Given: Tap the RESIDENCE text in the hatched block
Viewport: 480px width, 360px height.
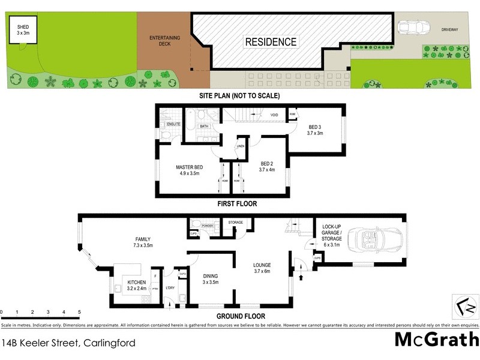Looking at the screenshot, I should click(x=270, y=42).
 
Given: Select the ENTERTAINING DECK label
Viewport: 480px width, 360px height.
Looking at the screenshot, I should click(x=161, y=41).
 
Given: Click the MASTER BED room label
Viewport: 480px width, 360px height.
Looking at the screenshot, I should click(x=189, y=170).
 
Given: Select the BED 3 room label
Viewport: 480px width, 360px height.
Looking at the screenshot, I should click(x=316, y=130).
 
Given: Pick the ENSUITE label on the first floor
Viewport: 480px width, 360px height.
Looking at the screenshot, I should click(x=173, y=124).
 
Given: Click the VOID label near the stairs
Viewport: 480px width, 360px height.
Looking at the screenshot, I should click(x=274, y=115).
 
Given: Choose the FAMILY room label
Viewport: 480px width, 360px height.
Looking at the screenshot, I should click(x=143, y=242).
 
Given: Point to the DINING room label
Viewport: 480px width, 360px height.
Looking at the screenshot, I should click(x=210, y=278).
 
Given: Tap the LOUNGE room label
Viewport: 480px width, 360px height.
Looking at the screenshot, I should click(x=262, y=268).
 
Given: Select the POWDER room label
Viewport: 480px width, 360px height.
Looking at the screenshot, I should click(x=208, y=226).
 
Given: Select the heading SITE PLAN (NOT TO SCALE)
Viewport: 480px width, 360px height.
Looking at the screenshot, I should click(x=240, y=95).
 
